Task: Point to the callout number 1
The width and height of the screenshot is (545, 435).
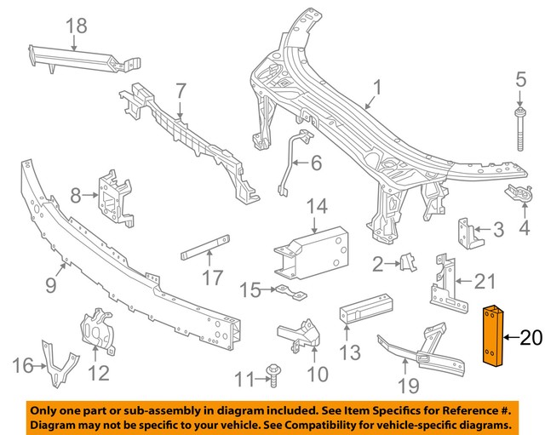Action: [377, 86]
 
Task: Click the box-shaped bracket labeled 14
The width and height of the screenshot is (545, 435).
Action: [313, 252]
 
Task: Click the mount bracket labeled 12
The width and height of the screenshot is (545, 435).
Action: [99, 330]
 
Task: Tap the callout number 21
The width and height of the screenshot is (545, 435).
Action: [484, 279]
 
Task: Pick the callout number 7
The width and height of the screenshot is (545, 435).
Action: [181, 89]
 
